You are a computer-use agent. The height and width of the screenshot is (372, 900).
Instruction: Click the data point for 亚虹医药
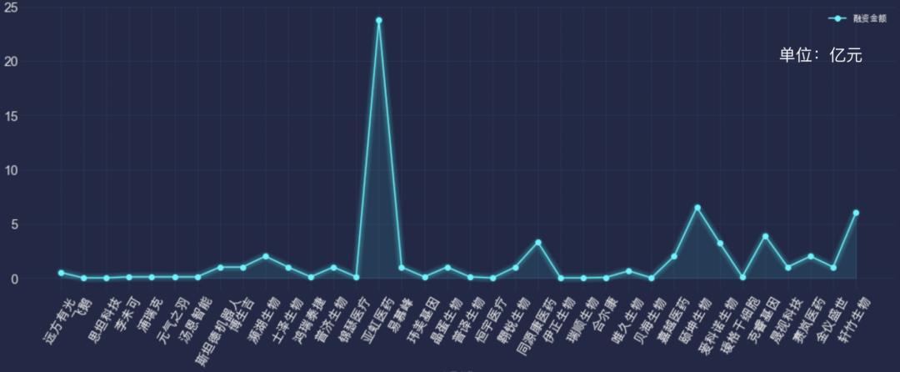pyautogui.click(x=379, y=20)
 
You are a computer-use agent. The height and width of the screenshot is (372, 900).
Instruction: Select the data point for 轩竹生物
pyautogui.click(x=856, y=213)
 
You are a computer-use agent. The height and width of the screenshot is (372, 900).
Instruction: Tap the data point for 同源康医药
pyautogui.click(x=538, y=243)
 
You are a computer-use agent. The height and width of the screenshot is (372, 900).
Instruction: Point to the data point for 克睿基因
pyautogui.click(x=765, y=236)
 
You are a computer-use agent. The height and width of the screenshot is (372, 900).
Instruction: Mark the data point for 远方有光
pyautogui.click(x=62, y=273)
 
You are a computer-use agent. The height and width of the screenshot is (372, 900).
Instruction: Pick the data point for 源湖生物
pyautogui.click(x=266, y=256)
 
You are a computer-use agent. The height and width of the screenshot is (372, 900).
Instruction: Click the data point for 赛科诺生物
pyautogui.click(x=720, y=244)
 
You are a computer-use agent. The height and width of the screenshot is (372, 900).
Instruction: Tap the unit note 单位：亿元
pyautogui.click(x=820, y=55)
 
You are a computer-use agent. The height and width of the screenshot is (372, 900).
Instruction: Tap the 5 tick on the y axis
pyautogui.click(x=16, y=224)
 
